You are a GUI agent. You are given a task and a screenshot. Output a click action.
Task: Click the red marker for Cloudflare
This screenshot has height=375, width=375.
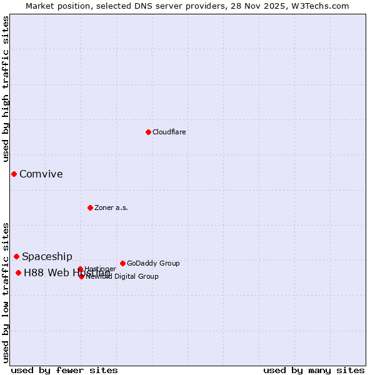click(x=148, y=132)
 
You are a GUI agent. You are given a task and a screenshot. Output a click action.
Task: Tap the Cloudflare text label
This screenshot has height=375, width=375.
click(x=169, y=132)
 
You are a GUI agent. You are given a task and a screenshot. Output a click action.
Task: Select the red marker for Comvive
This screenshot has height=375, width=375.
click(x=14, y=174)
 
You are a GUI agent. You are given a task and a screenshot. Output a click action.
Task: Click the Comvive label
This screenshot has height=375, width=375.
click(x=41, y=174)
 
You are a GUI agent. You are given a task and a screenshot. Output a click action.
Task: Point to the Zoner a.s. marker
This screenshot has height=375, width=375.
click(x=90, y=207)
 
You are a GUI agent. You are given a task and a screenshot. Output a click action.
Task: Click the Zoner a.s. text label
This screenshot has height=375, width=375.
click(x=111, y=207)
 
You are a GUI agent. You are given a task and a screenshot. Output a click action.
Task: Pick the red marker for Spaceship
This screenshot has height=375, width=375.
click(x=16, y=256)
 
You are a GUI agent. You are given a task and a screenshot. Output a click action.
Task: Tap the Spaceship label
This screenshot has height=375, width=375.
click(x=47, y=257)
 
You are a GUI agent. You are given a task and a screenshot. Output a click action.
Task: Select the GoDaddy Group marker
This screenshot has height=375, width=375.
click(x=122, y=263)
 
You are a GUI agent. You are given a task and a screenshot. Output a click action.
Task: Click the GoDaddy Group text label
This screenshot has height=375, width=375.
click(x=153, y=263)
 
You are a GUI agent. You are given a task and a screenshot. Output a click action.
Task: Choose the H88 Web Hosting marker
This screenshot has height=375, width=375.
click(x=18, y=272)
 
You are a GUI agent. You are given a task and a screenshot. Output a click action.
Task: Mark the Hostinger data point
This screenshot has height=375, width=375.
click(x=80, y=269)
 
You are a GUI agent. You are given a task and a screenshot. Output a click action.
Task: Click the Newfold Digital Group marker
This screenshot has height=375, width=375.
click(x=81, y=276)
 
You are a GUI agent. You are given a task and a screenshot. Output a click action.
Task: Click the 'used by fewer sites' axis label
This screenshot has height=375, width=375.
click(x=64, y=370)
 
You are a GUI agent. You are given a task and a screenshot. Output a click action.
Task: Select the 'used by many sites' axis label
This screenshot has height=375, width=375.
click(x=314, y=370)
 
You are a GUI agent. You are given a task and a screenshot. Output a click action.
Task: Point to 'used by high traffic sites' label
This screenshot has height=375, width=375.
click(x=6, y=89)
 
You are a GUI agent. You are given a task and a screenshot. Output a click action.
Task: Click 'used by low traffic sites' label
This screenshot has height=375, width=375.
click(x=6, y=292)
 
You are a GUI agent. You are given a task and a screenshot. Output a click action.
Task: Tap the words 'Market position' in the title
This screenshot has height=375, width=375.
click(x=56, y=6)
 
